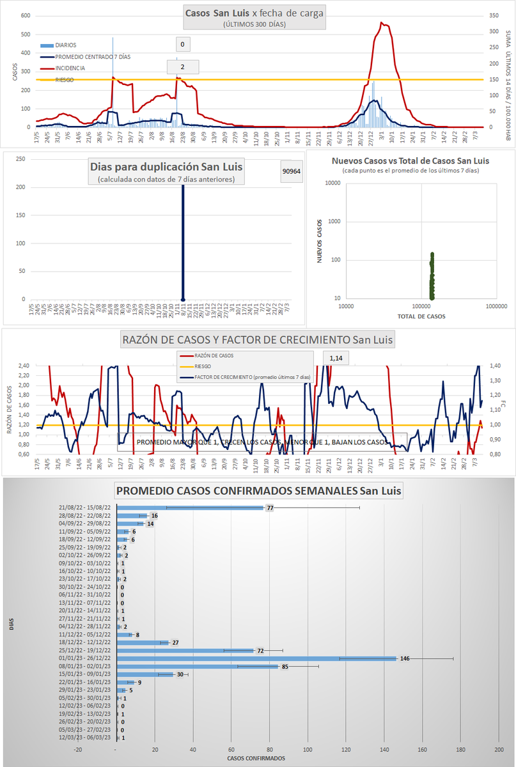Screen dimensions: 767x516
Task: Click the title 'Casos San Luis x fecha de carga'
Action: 254,13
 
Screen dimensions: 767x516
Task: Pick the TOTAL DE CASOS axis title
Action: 421,316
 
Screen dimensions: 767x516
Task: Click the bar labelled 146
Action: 256,658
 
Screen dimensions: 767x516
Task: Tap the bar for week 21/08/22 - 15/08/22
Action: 190,507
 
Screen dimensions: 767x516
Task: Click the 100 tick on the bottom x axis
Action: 308,749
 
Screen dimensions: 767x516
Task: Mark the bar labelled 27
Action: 143,642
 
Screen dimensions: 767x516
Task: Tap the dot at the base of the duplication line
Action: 184,299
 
